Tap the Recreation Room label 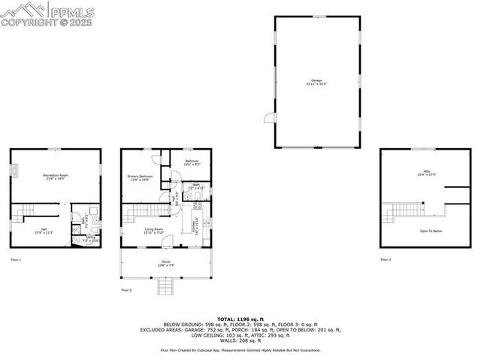pyautogui.click(x=56, y=177)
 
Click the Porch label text pyautogui.click(x=166, y=263)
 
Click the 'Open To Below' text pyautogui.click(x=431, y=231)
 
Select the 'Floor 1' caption pyautogui.click(x=16, y=259)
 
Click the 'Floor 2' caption pyautogui.click(x=126, y=289)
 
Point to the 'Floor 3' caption pyautogui.click(x=386, y=259)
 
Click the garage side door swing pyautogui.click(x=268, y=117)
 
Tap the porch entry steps pyautogui.click(x=165, y=286)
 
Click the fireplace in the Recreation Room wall pyautogui.click(x=14, y=171)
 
